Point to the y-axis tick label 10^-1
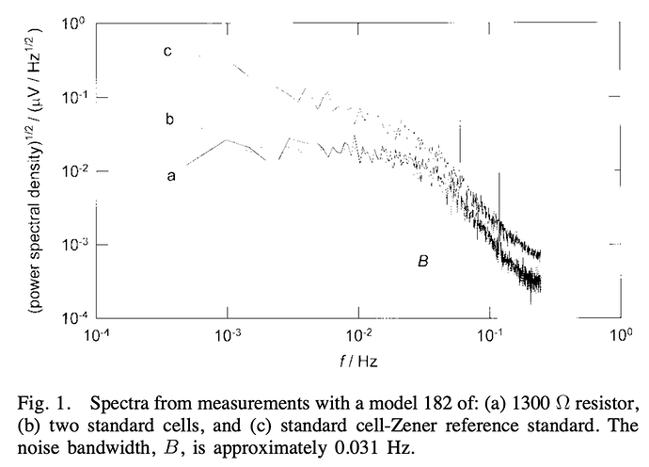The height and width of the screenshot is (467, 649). [74, 95]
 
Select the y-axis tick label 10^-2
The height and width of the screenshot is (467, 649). [74, 169]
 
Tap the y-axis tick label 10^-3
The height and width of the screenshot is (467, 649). [74, 244]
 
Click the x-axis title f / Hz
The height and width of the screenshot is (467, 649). [356, 362]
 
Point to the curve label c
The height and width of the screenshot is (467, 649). [167, 52]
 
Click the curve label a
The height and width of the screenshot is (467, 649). [170, 175]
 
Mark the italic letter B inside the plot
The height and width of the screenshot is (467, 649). [423, 262]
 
